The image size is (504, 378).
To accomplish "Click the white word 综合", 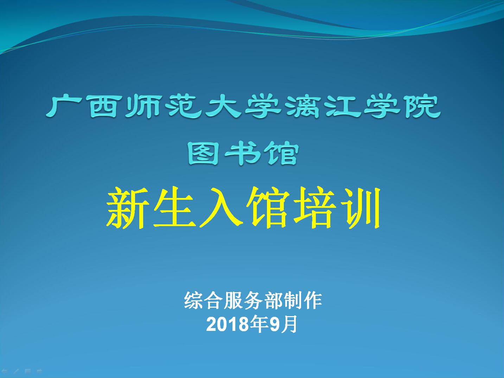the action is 204,300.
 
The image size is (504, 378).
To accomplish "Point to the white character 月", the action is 288,324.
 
